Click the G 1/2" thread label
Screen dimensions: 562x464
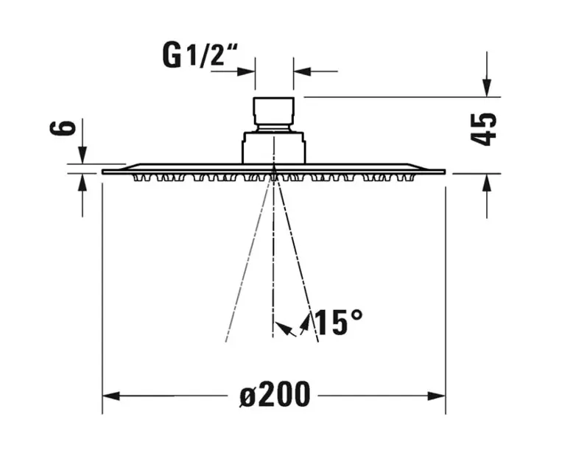(200, 55)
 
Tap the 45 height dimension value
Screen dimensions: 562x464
(483, 130)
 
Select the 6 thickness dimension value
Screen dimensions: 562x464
(63, 128)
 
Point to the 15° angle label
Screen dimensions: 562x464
(338, 323)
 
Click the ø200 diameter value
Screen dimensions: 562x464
(275, 394)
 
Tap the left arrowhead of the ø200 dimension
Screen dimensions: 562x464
(110, 396)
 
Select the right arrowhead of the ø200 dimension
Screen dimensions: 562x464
(437, 396)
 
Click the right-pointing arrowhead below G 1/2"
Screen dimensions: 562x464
(246, 71)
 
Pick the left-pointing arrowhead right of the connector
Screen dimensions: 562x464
(302, 71)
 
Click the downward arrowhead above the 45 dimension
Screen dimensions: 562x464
(487, 88)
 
